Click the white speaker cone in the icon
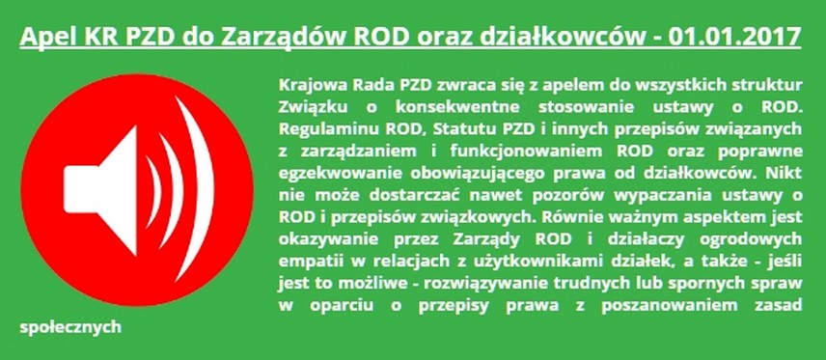pyautogui.click(x=100, y=190)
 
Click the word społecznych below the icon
pyautogui.click(x=70, y=327)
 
